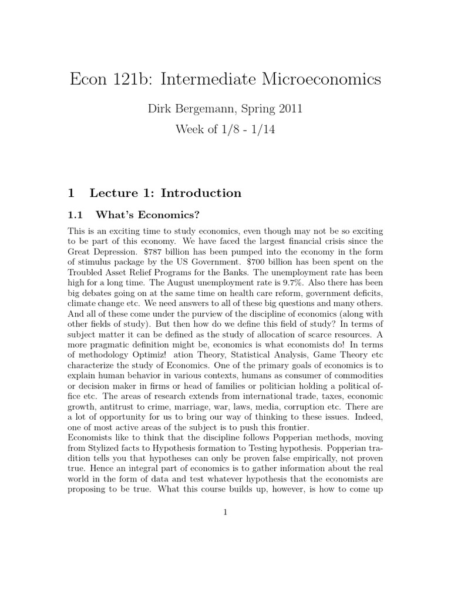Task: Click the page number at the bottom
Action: tap(225, 512)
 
